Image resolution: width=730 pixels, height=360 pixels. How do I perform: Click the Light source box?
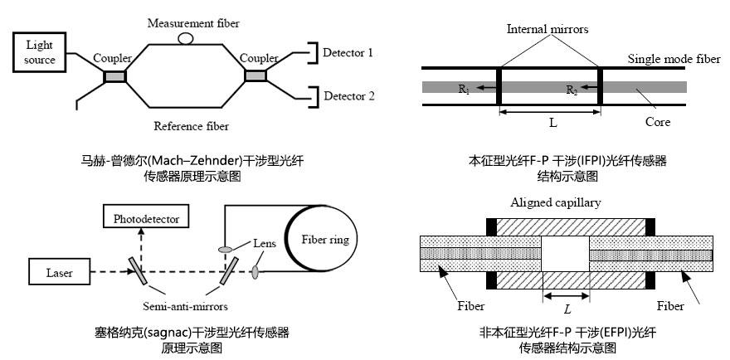tap(40, 52)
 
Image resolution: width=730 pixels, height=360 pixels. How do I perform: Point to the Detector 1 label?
tap(348, 53)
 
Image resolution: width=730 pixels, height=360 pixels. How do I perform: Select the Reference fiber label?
tap(191, 126)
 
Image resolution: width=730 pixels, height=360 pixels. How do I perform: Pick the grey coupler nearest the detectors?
tap(255, 76)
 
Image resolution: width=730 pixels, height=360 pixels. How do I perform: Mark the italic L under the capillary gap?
tap(566, 309)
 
